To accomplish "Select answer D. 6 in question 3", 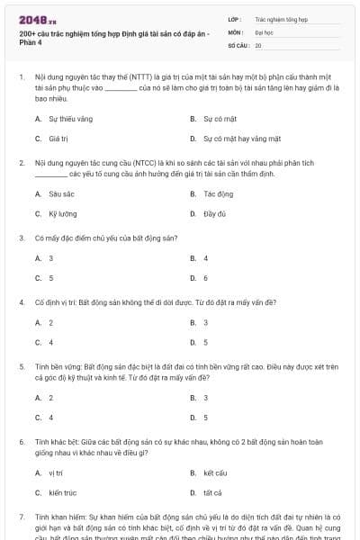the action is tap(206, 278).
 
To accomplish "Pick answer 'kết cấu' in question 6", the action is tap(215, 472).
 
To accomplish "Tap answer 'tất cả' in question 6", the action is tap(212, 493).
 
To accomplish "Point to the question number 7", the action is tap(22, 517).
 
